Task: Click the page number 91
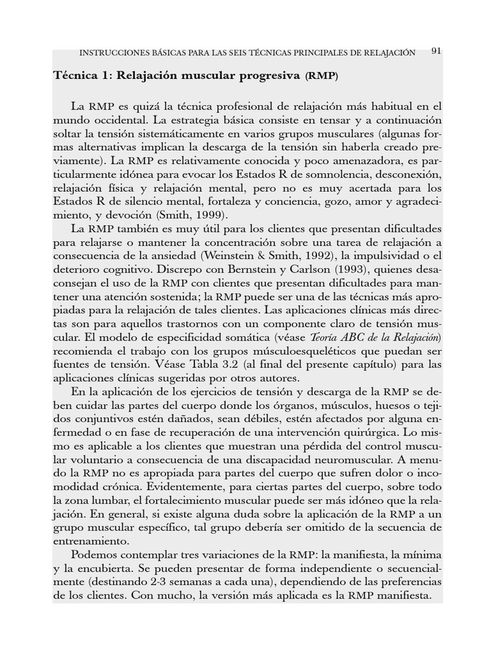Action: click(x=436, y=51)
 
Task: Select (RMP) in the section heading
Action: click(x=322, y=76)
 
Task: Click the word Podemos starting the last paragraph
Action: click(x=97, y=556)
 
